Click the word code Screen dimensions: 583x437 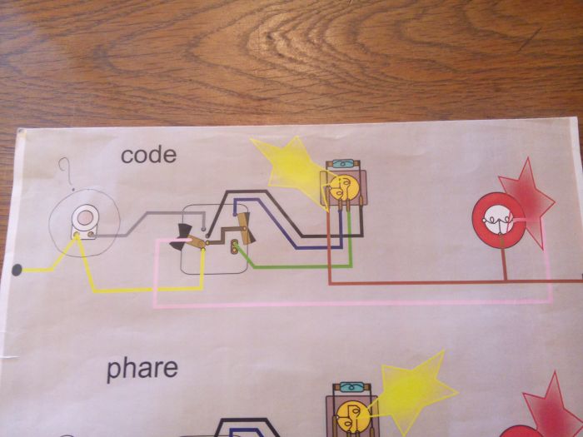149,155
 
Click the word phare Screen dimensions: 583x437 142,369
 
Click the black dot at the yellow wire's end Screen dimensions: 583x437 17,270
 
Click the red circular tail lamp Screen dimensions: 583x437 498,220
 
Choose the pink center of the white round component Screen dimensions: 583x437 86,217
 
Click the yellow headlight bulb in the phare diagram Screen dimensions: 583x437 352,416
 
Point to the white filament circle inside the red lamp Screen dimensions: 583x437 498,220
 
